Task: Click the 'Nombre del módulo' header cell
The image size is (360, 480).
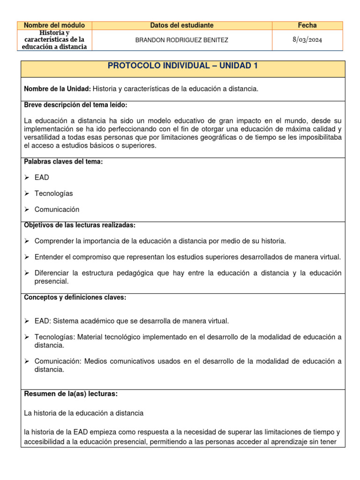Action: [x=54, y=25]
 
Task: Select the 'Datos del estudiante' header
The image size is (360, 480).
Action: [x=182, y=25]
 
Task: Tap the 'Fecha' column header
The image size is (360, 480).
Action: [x=307, y=25]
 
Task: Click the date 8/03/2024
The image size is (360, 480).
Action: [x=307, y=40]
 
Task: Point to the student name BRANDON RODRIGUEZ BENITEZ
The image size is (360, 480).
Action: [x=182, y=40]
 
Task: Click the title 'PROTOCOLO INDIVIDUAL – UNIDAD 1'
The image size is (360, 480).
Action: [x=183, y=66]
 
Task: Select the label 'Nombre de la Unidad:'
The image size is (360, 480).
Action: [x=57, y=89]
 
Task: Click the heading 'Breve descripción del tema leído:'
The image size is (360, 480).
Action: [x=75, y=105]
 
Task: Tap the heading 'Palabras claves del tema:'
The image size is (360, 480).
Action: [x=63, y=162]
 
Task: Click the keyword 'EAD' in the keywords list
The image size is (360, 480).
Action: [x=42, y=178]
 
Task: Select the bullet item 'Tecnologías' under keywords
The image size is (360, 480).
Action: [x=53, y=194]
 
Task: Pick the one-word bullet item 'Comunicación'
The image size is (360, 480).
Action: [x=57, y=210]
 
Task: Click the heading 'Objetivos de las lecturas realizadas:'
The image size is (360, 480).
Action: [x=80, y=225]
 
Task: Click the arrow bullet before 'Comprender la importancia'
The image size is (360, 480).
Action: [x=27, y=241]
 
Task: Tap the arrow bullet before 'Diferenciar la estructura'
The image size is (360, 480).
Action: [x=27, y=273]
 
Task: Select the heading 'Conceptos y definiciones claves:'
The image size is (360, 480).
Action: [x=75, y=298]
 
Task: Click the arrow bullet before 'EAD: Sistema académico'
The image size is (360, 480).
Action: [x=27, y=321]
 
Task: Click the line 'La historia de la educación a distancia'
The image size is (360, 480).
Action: [x=83, y=413]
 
